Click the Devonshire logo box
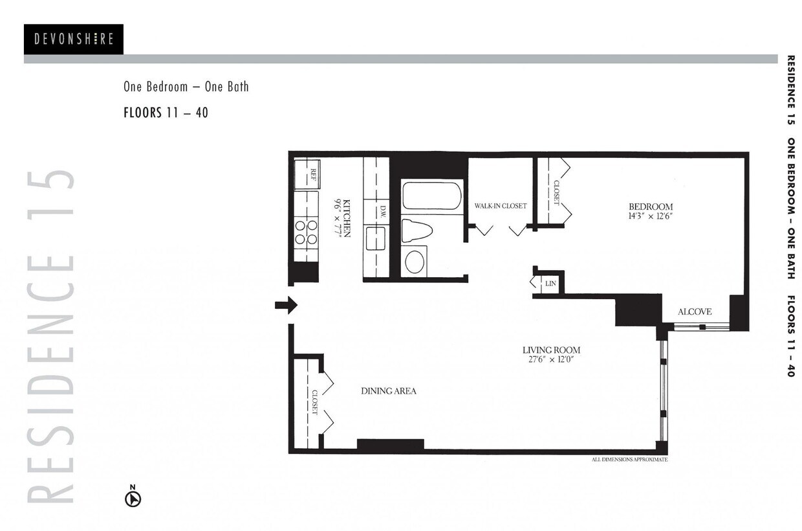click(x=73, y=39)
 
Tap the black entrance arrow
click(x=286, y=305)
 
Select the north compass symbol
click(x=133, y=498)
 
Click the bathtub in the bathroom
click(x=431, y=196)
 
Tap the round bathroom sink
click(x=415, y=262)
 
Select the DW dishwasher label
click(x=382, y=211)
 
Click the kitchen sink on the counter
click(x=376, y=238)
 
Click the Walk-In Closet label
click(x=501, y=206)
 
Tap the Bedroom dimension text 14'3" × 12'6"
click(x=651, y=216)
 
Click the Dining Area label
click(x=388, y=391)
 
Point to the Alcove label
click(x=695, y=312)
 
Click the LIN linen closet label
click(x=550, y=284)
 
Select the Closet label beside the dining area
click(x=314, y=402)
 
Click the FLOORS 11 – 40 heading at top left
click(x=166, y=113)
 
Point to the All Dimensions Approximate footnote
click(x=629, y=460)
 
